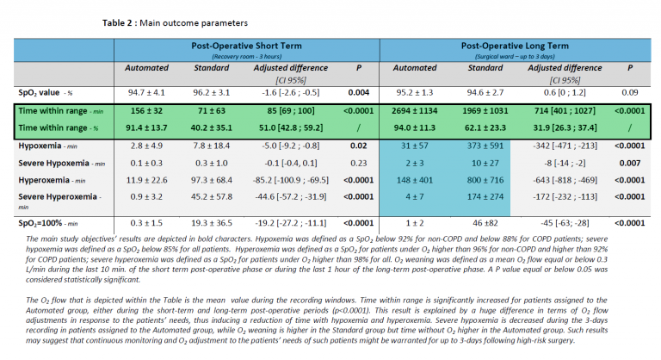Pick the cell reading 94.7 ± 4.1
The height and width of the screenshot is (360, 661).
click(146, 92)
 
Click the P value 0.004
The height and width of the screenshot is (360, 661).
click(357, 92)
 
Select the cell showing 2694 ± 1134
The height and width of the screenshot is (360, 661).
click(416, 112)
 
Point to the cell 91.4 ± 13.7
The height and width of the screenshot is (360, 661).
click(146, 127)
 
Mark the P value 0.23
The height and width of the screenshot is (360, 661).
click(357, 162)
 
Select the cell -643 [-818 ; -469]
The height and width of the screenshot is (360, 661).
click(563, 179)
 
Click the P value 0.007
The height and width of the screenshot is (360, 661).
click(631, 162)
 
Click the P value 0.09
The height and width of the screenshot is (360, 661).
click(631, 92)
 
